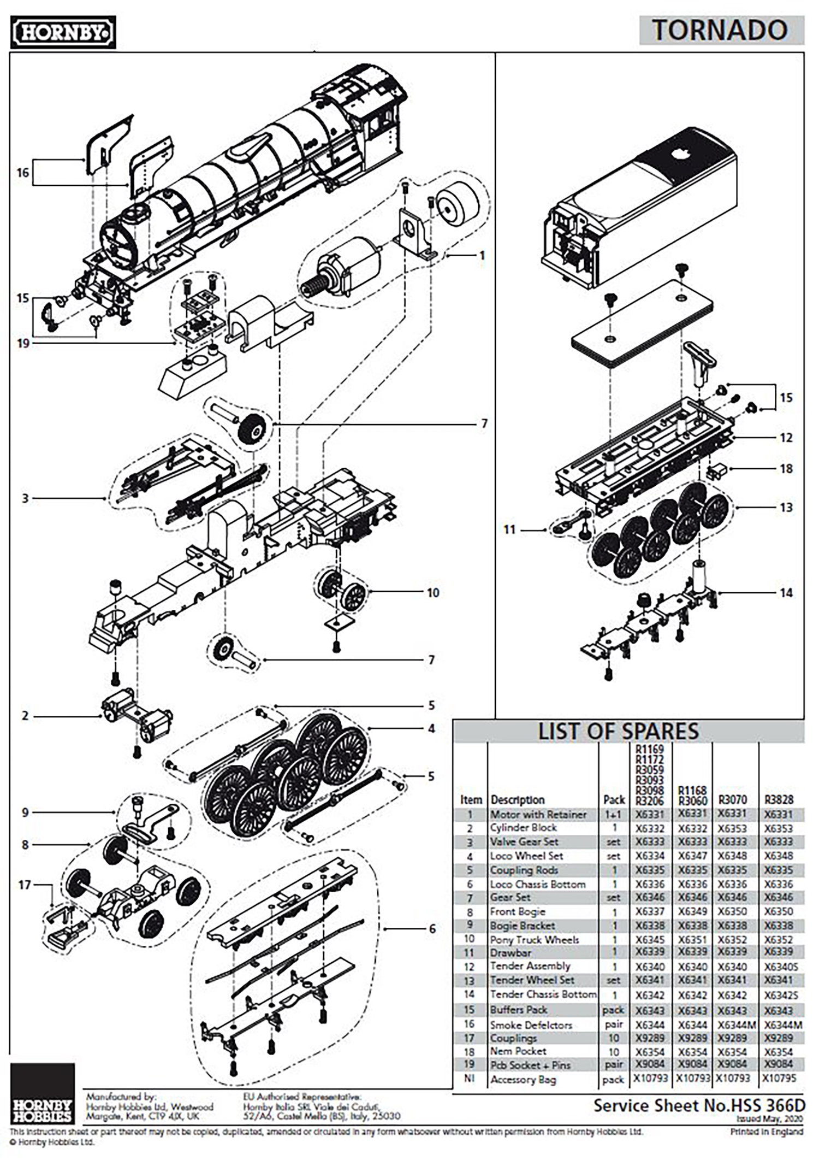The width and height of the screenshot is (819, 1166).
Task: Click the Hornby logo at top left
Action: pos(63,32)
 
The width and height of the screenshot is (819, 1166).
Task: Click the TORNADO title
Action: pos(720,30)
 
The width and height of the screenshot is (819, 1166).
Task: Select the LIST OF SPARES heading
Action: pos(618,732)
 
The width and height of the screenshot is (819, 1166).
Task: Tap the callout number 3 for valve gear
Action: pos(25,498)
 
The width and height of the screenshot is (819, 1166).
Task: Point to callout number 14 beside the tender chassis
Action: pos(786,593)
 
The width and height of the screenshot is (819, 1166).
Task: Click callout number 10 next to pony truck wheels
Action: pos(433,593)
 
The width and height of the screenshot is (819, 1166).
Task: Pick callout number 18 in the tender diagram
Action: pos(786,469)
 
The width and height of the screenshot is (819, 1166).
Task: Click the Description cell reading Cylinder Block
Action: pos(523,828)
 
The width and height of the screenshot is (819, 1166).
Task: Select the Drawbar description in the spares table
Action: pos(511,953)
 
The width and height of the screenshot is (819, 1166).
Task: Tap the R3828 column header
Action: pos(779,800)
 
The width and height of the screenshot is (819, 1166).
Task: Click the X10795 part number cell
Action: pos(779,1078)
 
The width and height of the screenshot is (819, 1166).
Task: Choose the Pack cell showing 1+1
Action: pos(614,814)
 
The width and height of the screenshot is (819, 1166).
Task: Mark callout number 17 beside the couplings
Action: pos(25,885)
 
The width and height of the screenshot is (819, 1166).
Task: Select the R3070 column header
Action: pos(732,800)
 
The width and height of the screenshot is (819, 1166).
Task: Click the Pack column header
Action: pos(614,800)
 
